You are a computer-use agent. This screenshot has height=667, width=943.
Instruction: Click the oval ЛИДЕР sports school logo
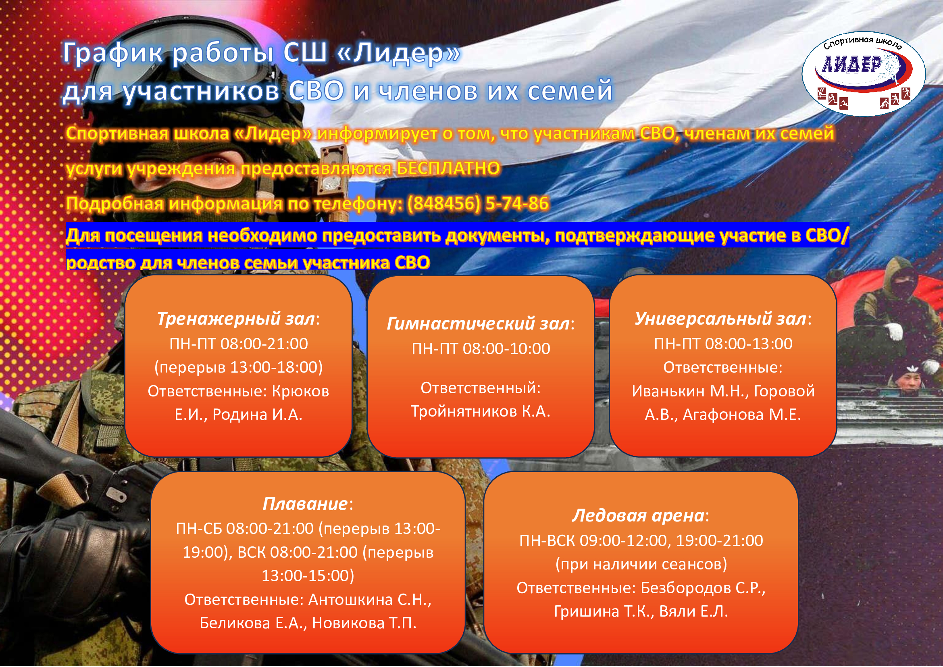[864, 74]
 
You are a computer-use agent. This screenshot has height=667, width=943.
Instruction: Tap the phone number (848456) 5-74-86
[478, 203]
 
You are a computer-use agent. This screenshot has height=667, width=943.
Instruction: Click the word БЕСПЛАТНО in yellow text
[448, 168]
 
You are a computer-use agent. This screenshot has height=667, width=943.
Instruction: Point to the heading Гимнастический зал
[478, 324]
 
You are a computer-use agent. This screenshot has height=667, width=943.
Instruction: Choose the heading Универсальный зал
[720, 319]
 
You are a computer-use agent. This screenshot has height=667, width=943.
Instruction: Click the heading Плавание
[305, 504]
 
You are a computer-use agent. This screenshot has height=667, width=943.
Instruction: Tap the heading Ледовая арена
[638, 516]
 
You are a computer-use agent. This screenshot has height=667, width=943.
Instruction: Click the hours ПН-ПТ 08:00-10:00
[481, 349]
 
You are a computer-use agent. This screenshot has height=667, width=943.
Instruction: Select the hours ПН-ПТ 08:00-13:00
[723, 344]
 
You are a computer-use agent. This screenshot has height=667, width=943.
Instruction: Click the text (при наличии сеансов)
[641, 565]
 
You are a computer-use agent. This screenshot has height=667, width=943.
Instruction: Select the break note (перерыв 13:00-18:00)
[239, 368]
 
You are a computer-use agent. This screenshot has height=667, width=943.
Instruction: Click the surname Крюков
[301, 392]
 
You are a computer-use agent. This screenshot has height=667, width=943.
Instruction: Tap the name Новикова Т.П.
[364, 623]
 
